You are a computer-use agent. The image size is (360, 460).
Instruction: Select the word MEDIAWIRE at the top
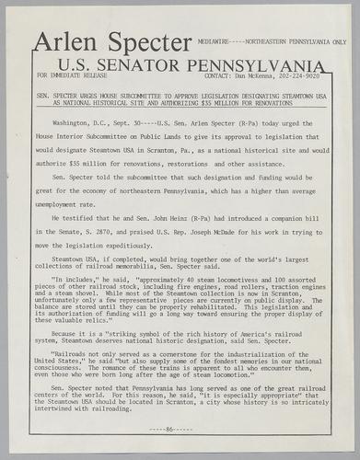pos(215,42)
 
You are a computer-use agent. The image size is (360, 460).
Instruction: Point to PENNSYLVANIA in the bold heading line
pos(261,65)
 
